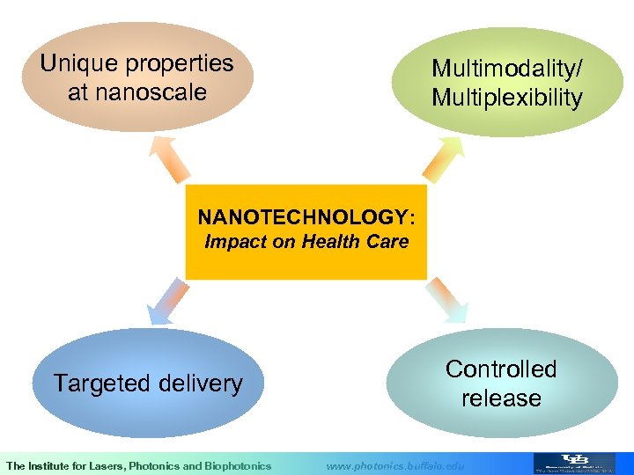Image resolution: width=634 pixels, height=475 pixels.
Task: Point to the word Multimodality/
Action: (x=506, y=69)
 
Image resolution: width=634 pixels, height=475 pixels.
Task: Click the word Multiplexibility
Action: (x=506, y=98)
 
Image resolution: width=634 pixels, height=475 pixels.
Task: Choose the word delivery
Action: (x=202, y=384)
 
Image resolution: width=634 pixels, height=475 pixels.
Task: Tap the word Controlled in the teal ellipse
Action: (x=501, y=369)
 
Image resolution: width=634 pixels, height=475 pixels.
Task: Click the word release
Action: (x=501, y=398)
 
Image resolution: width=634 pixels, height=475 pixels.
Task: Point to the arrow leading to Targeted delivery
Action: (x=170, y=302)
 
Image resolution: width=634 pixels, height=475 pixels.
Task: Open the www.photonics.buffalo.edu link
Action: (x=394, y=465)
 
